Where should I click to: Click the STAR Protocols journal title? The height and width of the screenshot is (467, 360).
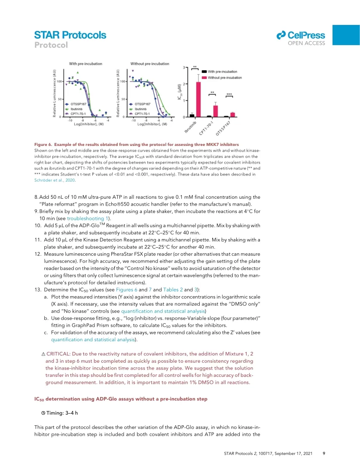click(70, 35)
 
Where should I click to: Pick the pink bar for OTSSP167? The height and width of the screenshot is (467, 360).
click(232, 115)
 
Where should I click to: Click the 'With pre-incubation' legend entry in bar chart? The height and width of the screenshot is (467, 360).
click(223, 71)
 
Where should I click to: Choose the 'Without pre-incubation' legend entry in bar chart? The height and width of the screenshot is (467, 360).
click(226, 77)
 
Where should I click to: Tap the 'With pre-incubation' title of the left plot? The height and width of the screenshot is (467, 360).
click(86, 64)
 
